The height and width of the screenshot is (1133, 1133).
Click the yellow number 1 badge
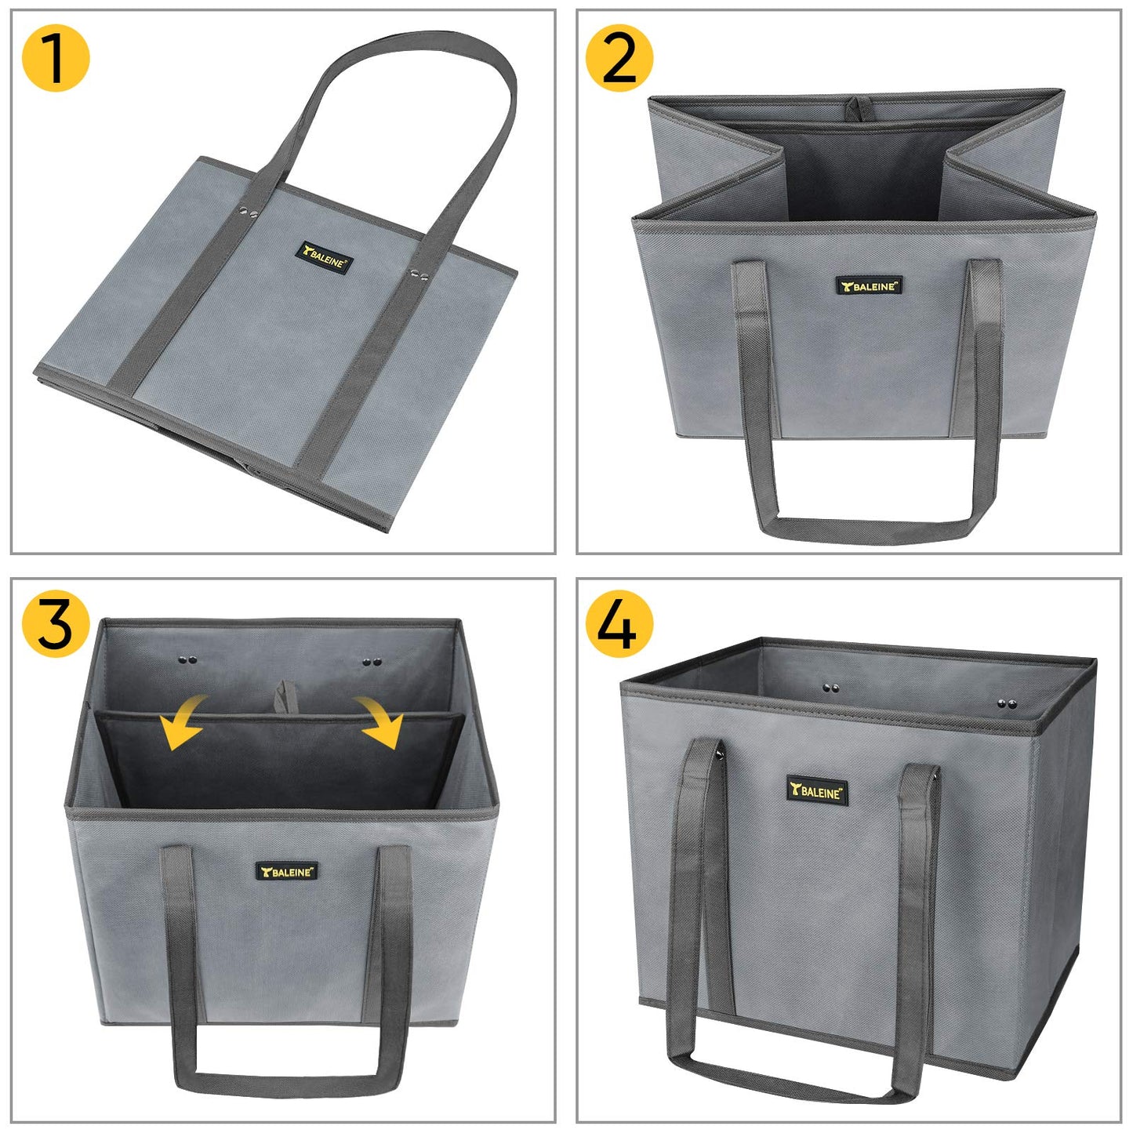tap(56, 58)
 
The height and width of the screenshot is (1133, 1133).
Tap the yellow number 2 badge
tap(619, 58)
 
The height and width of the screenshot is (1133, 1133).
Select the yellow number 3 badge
tap(56, 624)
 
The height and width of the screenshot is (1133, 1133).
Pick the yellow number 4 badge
tap(619, 624)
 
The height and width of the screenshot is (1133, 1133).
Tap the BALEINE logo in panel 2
tap(869, 285)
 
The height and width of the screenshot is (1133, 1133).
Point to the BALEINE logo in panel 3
tap(287, 871)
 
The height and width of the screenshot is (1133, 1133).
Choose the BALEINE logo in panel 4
tap(816, 791)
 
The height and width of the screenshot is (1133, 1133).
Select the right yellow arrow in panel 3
tap(380, 721)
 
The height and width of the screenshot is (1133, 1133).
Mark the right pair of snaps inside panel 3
tap(372, 663)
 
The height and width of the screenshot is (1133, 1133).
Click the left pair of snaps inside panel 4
tap(831, 688)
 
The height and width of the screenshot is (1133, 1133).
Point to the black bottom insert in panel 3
tap(274, 761)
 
